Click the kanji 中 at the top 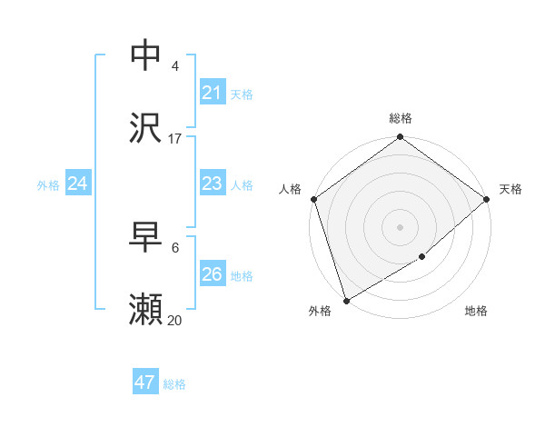146,55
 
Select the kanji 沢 146,128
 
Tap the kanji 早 146,238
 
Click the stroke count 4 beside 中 175,66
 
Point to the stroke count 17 175,139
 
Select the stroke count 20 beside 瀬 175,321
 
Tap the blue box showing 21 212,92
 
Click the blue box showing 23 212,184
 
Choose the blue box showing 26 212,274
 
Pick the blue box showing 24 77,184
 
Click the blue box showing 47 145,382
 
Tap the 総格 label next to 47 174,384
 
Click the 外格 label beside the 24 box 48,185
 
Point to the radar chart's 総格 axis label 401,118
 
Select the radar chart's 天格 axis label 510,189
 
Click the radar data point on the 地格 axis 423,257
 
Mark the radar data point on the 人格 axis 313,199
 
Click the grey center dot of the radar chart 401,226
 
